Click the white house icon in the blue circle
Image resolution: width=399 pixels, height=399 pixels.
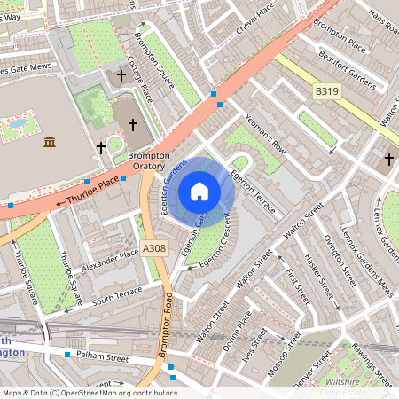click(x=199, y=192)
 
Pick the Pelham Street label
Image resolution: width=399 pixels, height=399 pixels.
click(x=103, y=359)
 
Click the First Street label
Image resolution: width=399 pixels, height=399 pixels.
click(x=298, y=285)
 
